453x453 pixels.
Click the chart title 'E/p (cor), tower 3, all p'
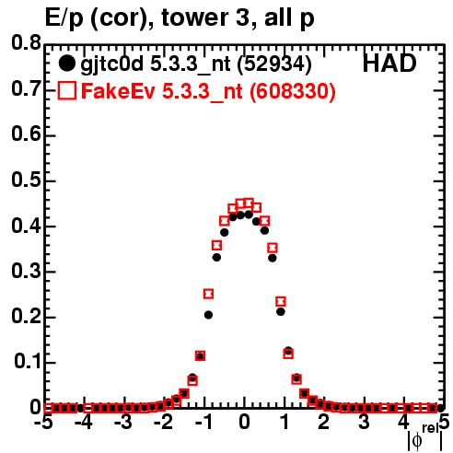[x=180, y=17]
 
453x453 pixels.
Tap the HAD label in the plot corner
[x=389, y=64]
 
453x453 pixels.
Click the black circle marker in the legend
[x=66, y=64]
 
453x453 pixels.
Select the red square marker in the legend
[x=66, y=91]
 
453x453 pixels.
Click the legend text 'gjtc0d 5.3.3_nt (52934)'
[x=196, y=64]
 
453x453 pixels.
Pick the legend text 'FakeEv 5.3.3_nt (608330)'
[x=208, y=91]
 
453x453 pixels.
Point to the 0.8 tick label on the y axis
[x=26, y=43]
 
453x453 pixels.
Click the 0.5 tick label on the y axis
[x=26, y=180]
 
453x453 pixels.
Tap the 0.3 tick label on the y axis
[x=26, y=272]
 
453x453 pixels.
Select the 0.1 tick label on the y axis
[x=28, y=362]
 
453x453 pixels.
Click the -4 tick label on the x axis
[x=84, y=423]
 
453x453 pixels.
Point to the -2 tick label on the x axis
[x=164, y=423]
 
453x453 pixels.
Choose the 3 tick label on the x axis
[x=364, y=423]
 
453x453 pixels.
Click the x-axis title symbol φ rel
[x=425, y=437]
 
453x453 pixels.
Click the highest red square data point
[x=249, y=203]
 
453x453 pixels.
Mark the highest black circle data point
[x=249, y=215]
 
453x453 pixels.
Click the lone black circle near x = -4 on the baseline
[x=80, y=408]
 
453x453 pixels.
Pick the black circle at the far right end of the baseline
[x=441, y=408]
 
